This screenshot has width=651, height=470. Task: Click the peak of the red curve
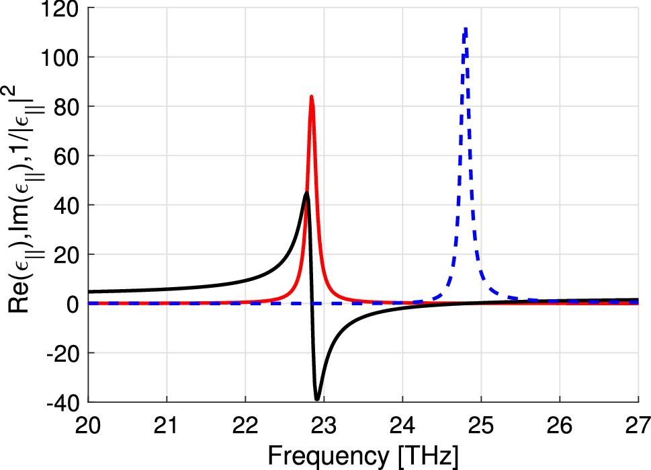pyautogui.click(x=312, y=97)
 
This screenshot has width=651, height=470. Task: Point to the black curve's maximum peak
pyautogui.click(x=306, y=193)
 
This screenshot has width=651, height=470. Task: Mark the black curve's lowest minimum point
pyautogui.click(x=317, y=399)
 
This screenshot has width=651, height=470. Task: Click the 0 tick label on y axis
pyautogui.click(x=73, y=304)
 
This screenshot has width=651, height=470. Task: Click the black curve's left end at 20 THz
pyautogui.click(x=89, y=292)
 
